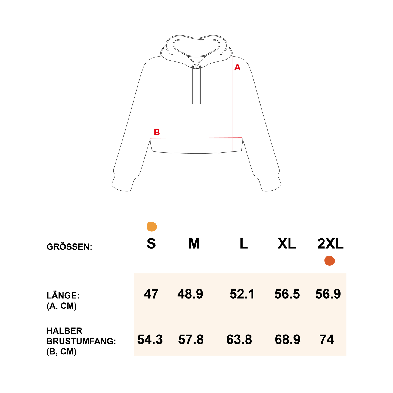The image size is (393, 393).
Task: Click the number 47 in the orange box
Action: (x=151, y=294)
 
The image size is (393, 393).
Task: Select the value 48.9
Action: (x=190, y=294)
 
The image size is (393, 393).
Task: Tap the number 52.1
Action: (x=242, y=294)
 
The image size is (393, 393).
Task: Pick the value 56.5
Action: (x=287, y=294)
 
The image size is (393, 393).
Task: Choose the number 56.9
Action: (x=328, y=294)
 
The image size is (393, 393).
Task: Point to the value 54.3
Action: (x=150, y=339)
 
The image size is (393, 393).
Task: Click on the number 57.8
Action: (x=191, y=339)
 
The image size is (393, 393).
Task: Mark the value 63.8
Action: (x=239, y=339)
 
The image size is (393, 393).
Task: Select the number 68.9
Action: (x=287, y=339)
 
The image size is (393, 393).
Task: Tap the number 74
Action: (x=326, y=339)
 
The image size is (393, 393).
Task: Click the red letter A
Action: (x=237, y=67)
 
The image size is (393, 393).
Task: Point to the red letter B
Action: (x=157, y=132)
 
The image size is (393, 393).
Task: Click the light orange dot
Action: (x=152, y=227)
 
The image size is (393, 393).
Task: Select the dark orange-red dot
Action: (x=329, y=261)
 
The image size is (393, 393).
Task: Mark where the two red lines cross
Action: (x=233, y=138)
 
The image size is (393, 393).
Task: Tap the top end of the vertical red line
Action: (x=233, y=57)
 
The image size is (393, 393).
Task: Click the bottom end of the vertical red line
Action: (x=233, y=151)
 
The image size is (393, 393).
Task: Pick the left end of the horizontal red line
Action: (x=150, y=138)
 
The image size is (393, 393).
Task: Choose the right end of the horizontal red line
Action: (x=242, y=138)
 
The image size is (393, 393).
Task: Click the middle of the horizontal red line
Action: (x=196, y=138)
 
